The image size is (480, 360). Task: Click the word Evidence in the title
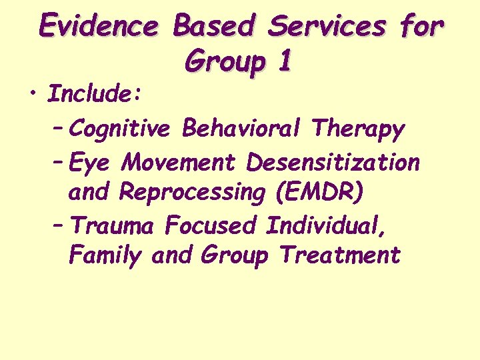click(99, 26)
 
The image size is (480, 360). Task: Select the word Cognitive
click(119, 129)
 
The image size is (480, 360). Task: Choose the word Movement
click(180, 161)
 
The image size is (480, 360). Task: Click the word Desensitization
click(333, 161)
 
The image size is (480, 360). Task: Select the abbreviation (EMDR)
click(319, 193)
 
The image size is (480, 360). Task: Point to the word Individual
click(326, 226)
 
